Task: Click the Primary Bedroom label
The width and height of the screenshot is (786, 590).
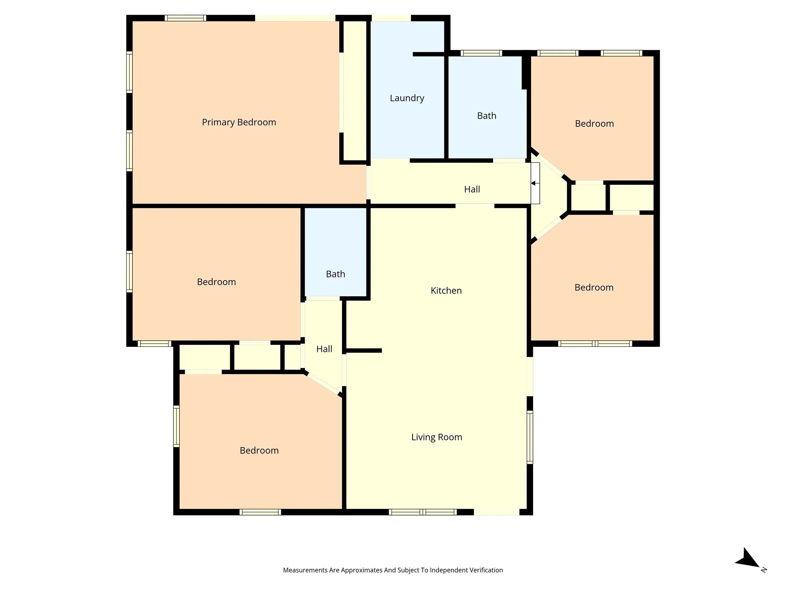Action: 239,122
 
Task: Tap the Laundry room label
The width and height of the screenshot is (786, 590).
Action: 407,98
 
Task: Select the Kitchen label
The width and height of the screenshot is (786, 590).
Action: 446,290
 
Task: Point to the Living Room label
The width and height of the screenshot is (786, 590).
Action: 436,437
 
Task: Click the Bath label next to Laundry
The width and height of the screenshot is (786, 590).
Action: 486,116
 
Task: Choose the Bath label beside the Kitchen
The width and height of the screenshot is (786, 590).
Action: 335,274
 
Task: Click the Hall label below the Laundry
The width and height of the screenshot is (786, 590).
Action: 472,189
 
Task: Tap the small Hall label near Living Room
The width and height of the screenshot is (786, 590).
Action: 324,349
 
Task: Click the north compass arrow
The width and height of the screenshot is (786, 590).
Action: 747,559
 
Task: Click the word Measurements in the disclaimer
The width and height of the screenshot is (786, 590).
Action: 305,570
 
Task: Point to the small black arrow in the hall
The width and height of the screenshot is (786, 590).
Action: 533,183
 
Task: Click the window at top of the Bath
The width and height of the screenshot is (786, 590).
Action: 481,53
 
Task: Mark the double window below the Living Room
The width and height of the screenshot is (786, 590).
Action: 422,512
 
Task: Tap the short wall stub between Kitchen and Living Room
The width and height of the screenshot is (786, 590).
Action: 364,350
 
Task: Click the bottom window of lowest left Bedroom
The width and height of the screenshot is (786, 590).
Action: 260,512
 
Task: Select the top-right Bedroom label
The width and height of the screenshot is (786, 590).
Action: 594,124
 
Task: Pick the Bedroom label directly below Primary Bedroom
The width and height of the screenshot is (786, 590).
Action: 216,282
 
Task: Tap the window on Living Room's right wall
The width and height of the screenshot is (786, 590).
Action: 530,437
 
